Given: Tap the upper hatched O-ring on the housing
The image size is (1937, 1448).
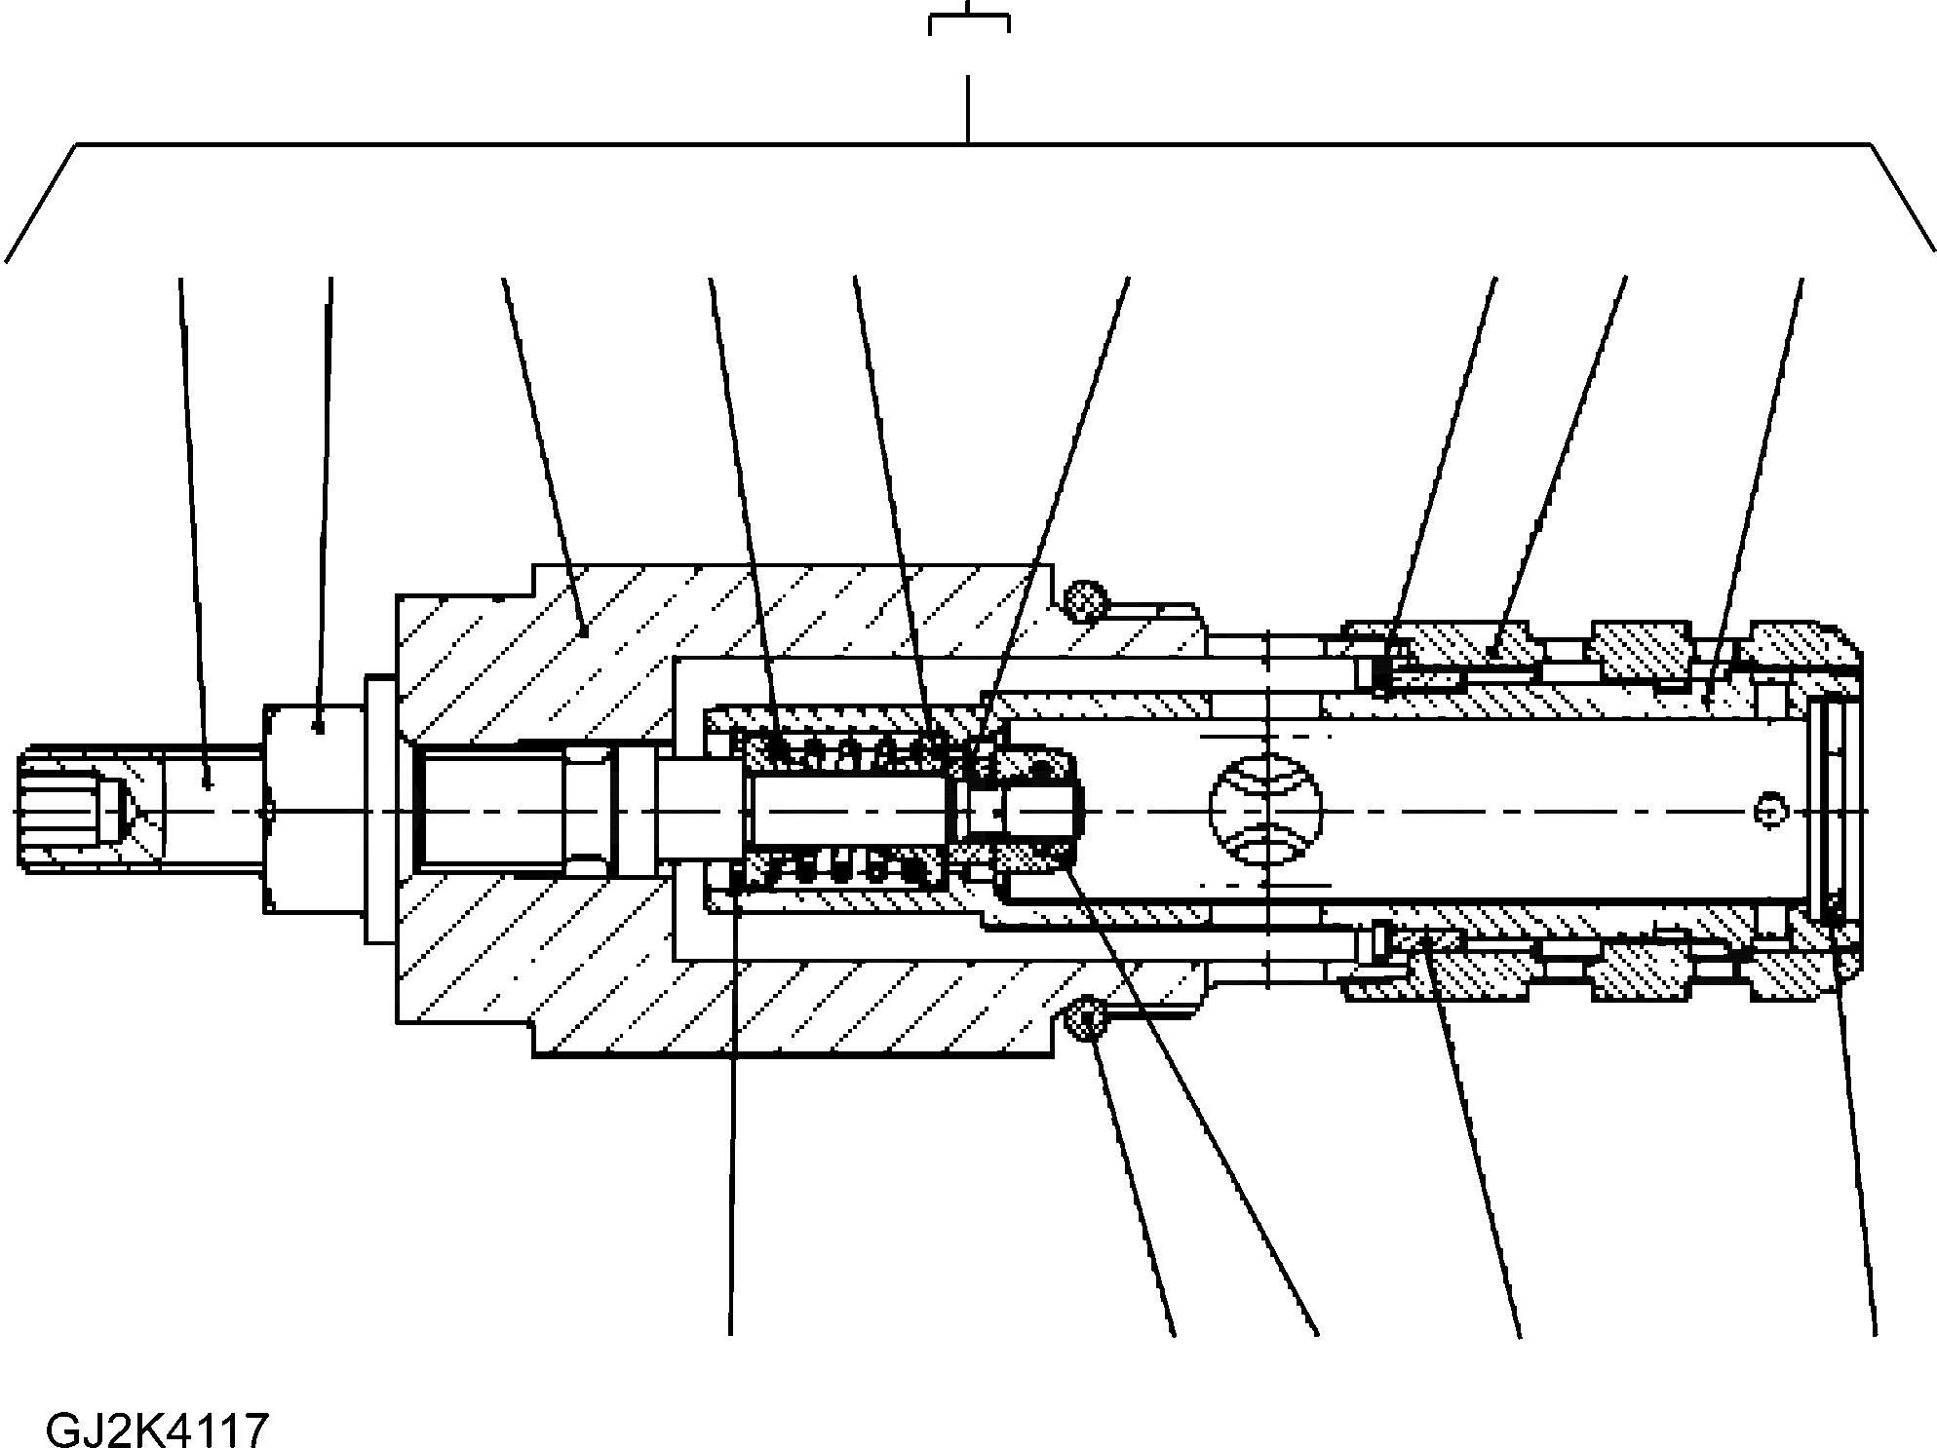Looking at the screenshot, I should point(1086,601).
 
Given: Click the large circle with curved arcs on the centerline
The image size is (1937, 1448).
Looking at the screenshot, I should point(1266,810).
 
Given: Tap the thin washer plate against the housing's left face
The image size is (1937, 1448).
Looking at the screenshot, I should point(380,809).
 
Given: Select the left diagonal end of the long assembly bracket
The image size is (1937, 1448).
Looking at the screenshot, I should point(41,203).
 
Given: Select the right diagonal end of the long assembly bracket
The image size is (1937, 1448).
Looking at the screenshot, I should point(1902,203).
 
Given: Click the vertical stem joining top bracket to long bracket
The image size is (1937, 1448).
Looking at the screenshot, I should point(967,109).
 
